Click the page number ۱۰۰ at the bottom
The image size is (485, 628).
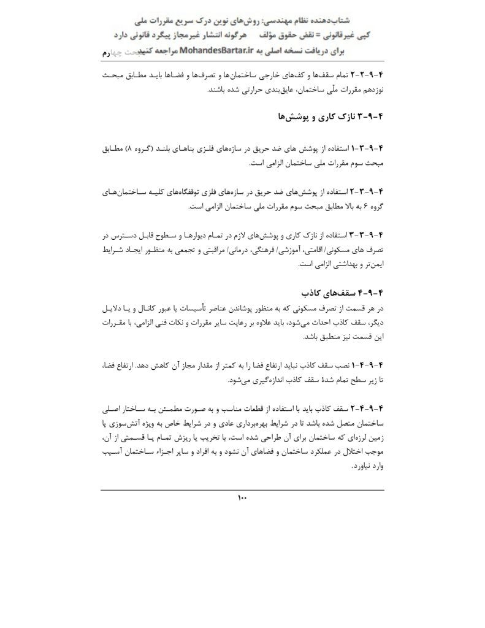(242, 497)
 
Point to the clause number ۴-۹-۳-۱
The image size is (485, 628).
(365, 149)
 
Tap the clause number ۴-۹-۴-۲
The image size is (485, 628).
(365, 407)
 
